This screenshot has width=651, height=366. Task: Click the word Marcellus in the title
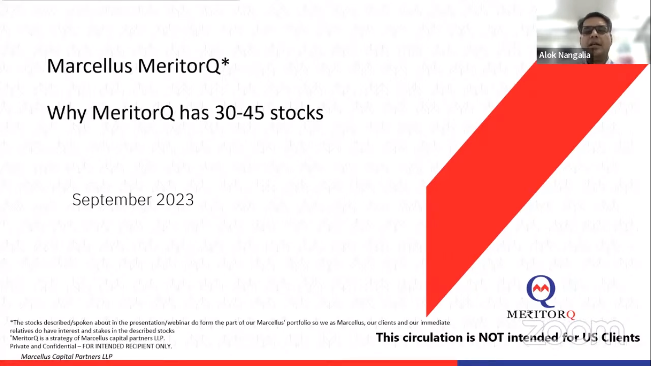pyautogui.click(x=90, y=66)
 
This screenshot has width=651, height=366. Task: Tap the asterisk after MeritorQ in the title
pyautogui.click(x=225, y=62)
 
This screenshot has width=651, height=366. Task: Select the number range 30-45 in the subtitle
pyautogui.click(x=239, y=113)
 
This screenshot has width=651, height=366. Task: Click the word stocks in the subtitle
pyautogui.click(x=296, y=113)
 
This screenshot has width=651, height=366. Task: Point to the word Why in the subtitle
pyautogui.click(x=67, y=113)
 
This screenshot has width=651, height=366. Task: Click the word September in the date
pyautogui.click(x=112, y=200)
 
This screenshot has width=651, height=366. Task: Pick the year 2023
pyautogui.click(x=175, y=200)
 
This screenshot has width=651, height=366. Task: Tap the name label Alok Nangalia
pyautogui.click(x=564, y=55)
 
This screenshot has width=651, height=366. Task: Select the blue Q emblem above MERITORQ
pyautogui.click(x=541, y=291)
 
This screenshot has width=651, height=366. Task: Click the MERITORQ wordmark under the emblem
pyautogui.click(x=541, y=315)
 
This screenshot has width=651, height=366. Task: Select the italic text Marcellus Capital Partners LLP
pyautogui.click(x=67, y=356)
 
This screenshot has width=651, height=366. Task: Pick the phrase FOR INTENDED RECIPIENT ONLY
pyautogui.click(x=127, y=346)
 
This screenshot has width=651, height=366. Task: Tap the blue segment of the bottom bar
pyautogui.click(x=554, y=363)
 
